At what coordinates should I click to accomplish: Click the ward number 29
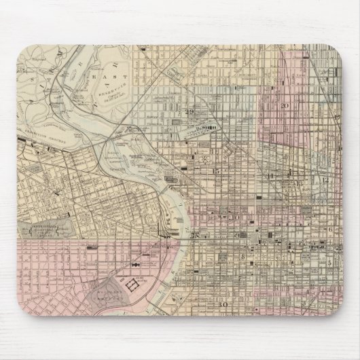[190, 111]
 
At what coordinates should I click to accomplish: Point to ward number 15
[216, 172]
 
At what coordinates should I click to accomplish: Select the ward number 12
[325, 180]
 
